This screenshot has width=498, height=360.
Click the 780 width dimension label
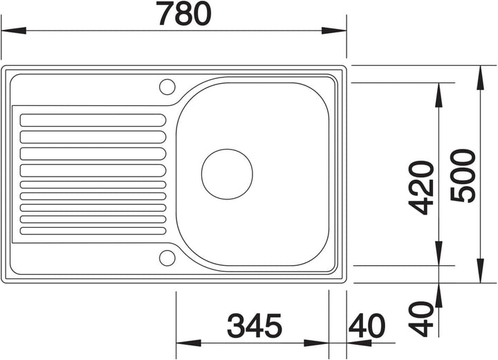tap(184, 14)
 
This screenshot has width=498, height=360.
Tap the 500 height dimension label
tap(463, 176)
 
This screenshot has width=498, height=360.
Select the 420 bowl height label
tap(421, 188)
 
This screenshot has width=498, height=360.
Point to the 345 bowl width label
tap(255, 325)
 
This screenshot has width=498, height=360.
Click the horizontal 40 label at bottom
tap(367, 325)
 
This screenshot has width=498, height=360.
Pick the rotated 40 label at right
tap(421, 319)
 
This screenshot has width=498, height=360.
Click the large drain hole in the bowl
tap(227, 174)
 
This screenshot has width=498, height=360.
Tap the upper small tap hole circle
tap(167, 87)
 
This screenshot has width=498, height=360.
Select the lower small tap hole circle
tap(167, 258)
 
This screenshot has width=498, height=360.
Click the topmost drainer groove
tap(93, 120)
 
